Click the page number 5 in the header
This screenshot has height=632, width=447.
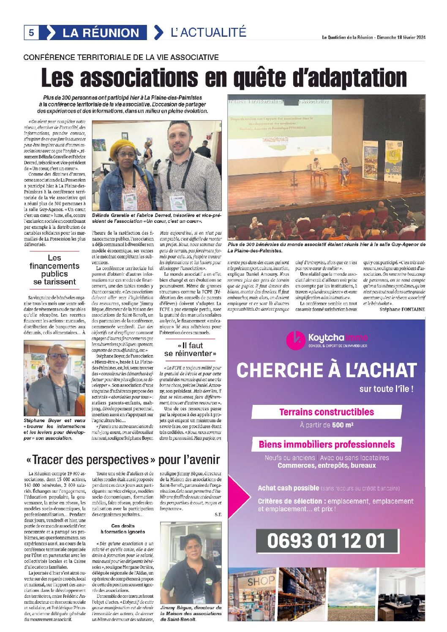[31, 33]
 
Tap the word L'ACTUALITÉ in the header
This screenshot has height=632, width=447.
[208, 32]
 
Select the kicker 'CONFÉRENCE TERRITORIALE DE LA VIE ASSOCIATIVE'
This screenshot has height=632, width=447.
[121, 57]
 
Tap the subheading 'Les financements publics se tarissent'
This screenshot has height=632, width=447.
[55, 270]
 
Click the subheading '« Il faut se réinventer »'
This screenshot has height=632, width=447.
[190, 350]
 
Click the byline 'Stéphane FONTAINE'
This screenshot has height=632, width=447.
[402, 309]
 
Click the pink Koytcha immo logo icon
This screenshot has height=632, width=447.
[295, 340]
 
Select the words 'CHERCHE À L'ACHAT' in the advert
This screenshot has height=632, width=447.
[326, 370]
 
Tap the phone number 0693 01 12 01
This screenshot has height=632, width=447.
[326, 541]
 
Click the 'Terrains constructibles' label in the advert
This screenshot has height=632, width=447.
[327, 412]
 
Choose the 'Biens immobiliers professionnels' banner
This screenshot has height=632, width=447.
[327, 444]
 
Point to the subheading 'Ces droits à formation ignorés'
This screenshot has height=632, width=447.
[123, 529]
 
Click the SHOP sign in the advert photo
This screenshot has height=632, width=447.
[260, 582]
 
